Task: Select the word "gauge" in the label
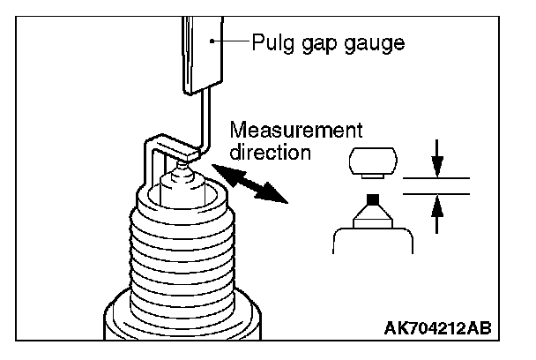375,44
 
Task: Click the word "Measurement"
296,130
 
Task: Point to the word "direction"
271,152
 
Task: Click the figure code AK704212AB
438,328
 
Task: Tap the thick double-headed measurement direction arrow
249,183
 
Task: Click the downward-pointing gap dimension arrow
437,159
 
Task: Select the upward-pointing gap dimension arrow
437,214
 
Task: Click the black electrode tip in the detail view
373,199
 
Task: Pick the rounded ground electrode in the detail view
373,161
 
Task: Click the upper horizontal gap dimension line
436,178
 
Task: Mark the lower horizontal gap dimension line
436,194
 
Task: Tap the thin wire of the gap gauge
204,118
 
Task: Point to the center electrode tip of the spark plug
182,167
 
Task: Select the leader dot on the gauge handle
212,41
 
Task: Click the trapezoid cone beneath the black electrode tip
373,216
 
